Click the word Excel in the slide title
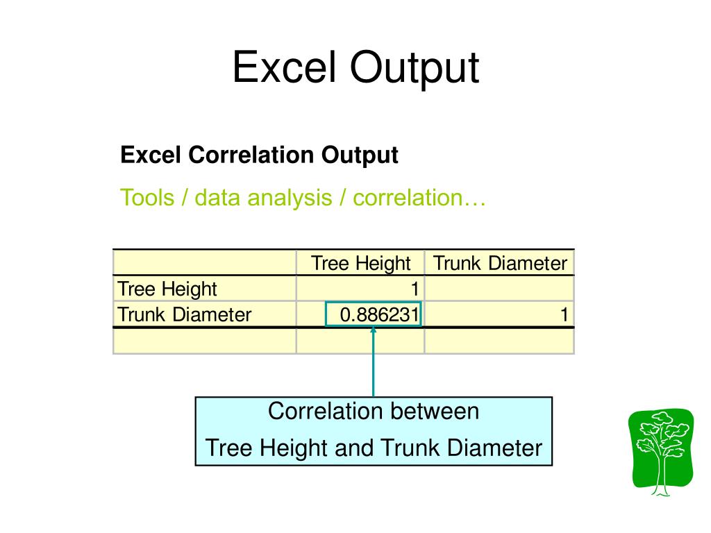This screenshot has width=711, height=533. pos(284,69)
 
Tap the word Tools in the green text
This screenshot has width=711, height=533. pos(147,198)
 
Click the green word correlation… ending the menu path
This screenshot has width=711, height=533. pos(419,198)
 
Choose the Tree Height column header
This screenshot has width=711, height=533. pos(360,263)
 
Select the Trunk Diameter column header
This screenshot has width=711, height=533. pos(500,263)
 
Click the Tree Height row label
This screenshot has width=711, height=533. pos(167,289)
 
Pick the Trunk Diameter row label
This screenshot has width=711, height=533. pos(185,314)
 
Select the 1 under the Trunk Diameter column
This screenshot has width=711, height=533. pos(565,315)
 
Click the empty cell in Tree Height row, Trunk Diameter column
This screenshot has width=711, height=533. pos(499,289)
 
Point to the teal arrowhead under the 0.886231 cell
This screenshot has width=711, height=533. pos(374,330)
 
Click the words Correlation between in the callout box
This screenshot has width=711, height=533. pos(374,412)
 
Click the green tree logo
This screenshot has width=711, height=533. pos(660,450)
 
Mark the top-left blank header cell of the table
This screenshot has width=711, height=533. pos(205,263)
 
